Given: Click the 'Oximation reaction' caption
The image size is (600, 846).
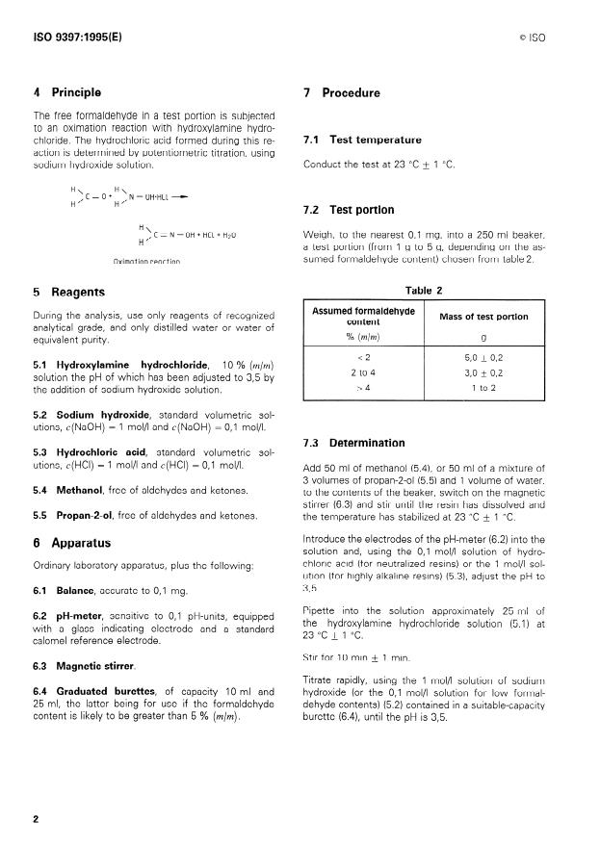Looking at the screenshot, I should pos(145,262).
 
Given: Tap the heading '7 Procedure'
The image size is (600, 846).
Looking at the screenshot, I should pos(341,93).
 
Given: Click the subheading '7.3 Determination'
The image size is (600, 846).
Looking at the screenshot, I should pos(353,443).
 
